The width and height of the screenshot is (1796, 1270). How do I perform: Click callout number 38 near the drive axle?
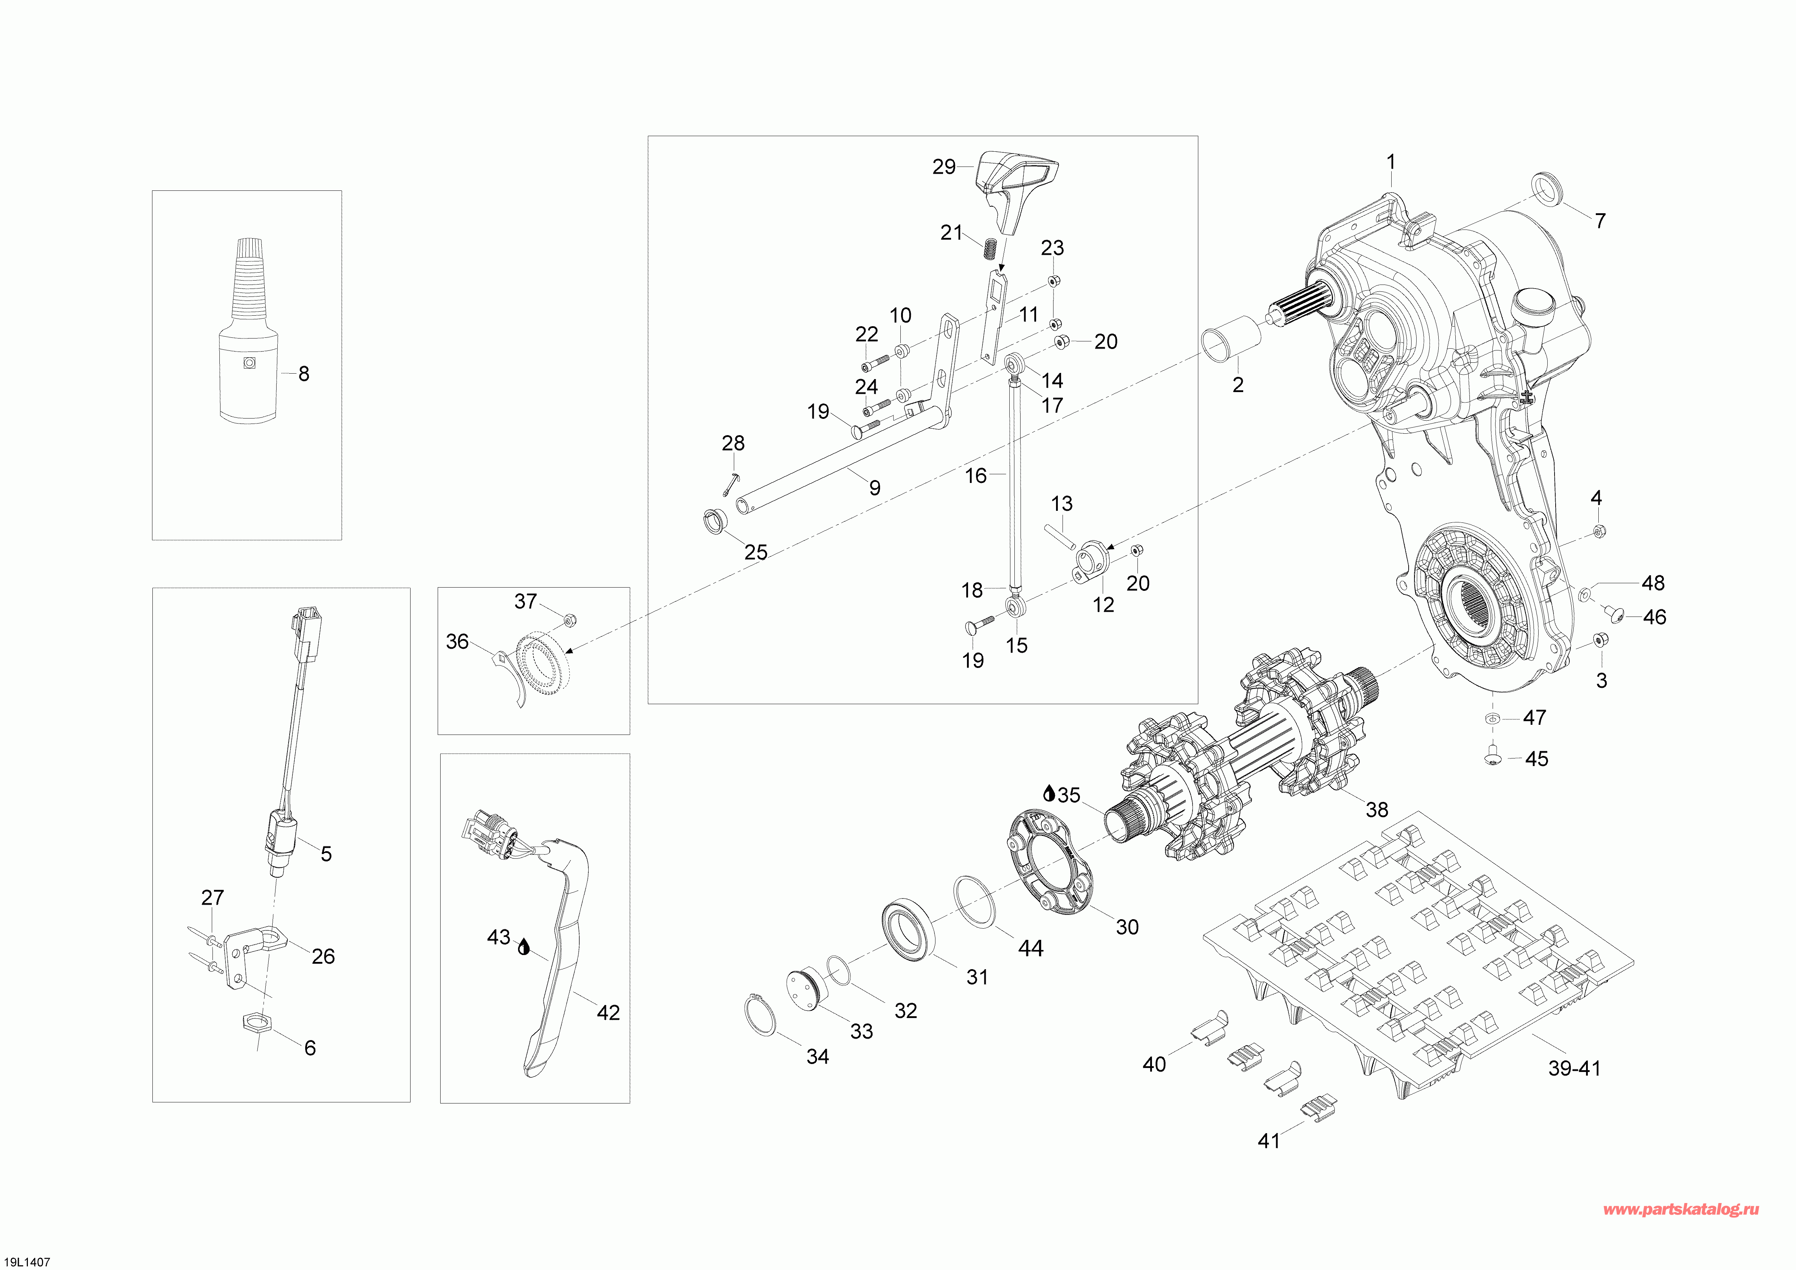point(1377,809)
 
